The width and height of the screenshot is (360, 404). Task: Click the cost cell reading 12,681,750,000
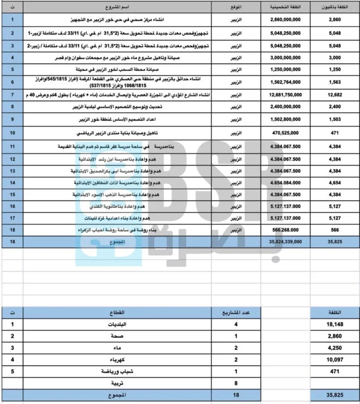(286, 95)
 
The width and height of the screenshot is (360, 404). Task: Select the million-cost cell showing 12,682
(335, 95)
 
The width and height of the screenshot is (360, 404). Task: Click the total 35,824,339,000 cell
(286, 242)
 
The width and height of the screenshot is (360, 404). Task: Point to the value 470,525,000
(286, 133)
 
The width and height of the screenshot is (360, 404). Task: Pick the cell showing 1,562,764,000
(286, 82)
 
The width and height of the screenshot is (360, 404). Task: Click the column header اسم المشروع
(117, 7)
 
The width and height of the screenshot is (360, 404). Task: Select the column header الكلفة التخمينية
(286, 7)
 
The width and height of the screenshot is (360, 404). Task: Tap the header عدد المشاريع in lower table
(237, 313)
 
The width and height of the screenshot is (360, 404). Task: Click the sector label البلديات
(117, 324)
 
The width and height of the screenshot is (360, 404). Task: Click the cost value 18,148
(335, 324)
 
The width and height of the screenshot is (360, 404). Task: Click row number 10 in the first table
(13, 133)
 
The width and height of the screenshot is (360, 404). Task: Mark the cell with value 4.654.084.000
(286, 183)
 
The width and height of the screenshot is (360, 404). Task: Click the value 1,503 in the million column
(335, 120)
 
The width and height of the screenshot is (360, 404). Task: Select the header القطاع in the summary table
(117, 313)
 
